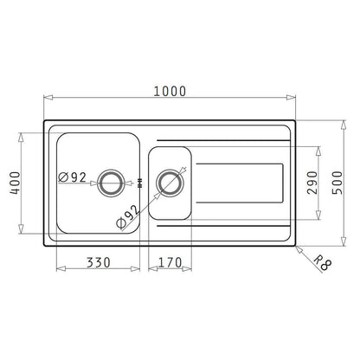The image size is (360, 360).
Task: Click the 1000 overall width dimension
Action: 170,91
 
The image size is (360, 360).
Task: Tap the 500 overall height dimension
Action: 337,183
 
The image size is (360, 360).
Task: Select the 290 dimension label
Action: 312,183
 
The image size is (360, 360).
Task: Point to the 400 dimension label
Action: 15,183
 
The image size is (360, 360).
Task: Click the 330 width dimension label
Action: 99,262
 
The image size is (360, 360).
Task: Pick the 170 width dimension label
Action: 170,262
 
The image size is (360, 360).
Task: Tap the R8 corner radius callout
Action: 322,262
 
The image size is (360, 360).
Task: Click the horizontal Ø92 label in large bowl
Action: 72,177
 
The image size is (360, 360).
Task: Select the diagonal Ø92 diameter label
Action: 127,217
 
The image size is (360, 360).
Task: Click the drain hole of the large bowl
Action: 112,183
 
